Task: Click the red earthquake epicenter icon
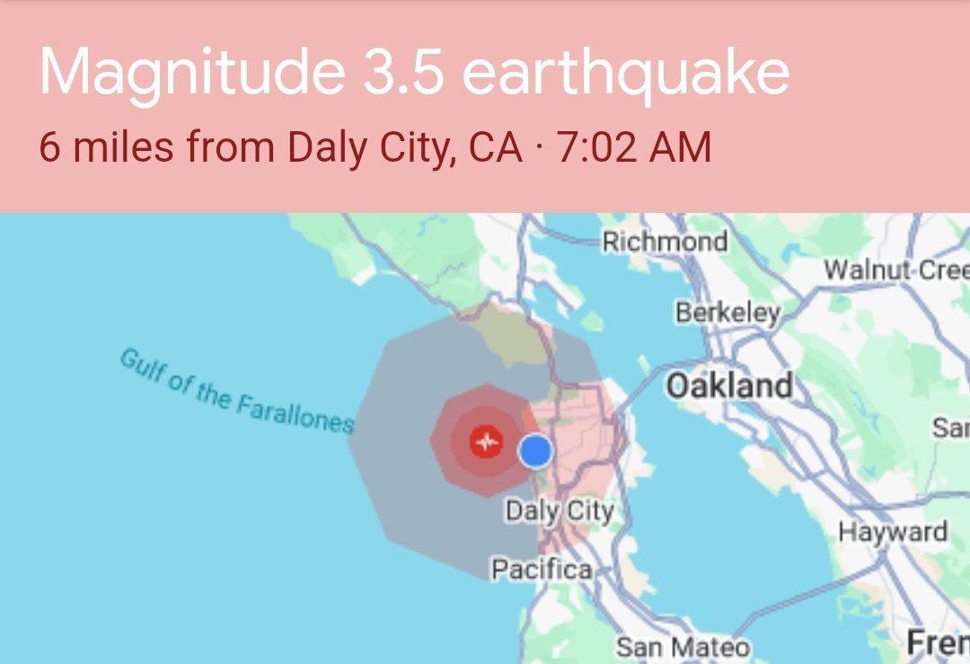(x=486, y=441)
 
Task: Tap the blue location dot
(x=535, y=450)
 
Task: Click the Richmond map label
(x=665, y=242)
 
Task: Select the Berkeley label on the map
(x=727, y=314)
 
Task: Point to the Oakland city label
(x=729, y=385)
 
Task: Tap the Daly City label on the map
(x=560, y=511)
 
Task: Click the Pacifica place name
(x=541, y=569)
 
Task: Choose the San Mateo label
(x=683, y=646)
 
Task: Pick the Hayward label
(x=893, y=532)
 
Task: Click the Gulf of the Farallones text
(x=235, y=393)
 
